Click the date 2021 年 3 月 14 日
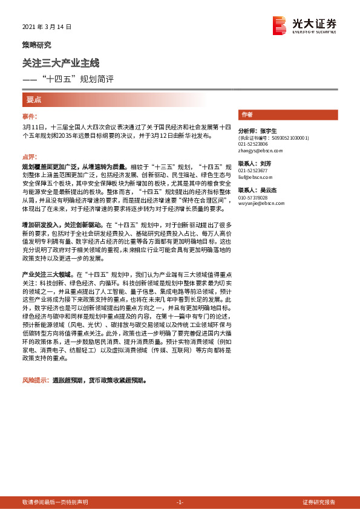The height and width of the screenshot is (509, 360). (x=47, y=27)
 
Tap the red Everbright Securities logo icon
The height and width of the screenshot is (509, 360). (x=279, y=25)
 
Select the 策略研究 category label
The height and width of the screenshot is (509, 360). (x=37, y=45)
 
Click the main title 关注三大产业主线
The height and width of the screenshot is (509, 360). (x=60, y=62)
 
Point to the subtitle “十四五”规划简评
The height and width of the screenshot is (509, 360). (x=76, y=79)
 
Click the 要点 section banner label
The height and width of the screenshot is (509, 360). (x=34, y=99)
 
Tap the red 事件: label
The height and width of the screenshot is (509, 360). (x=30, y=115)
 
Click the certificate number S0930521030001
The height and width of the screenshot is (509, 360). (x=290, y=138)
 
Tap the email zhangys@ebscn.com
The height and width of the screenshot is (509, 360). (x=260, y=151)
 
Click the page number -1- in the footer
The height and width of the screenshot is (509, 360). (x=179, y=502)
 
